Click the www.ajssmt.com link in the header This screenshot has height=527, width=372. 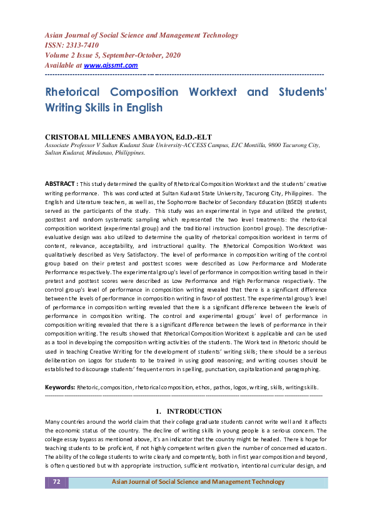coord(111,65)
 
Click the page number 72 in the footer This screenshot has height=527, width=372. coord(56,482)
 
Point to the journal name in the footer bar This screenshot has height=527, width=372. coord(198,482)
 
